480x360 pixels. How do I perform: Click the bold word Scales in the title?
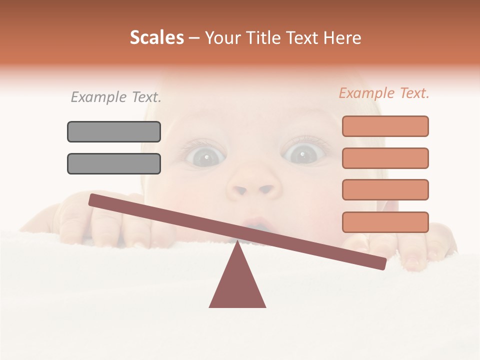(156, 37)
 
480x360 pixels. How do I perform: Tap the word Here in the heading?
(342, 37)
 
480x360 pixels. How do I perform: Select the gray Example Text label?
(116, 97)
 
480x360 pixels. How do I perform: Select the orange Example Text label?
(384, 93)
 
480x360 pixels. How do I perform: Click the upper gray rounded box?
(114, 131)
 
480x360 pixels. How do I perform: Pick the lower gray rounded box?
(114, 163)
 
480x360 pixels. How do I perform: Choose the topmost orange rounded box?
(385, 126)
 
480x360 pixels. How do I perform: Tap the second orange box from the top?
(385, 158)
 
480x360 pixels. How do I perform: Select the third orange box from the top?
(385, 189)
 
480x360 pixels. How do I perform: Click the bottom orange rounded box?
(385, 222)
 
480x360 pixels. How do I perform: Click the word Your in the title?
(221, 37)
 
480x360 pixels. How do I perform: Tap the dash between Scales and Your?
(194, 38)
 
